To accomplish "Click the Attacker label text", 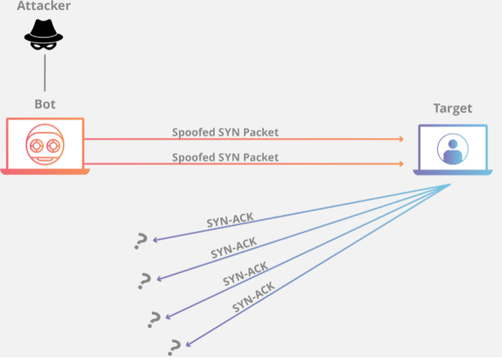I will [43, 6].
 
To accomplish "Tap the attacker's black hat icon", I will [44, 30].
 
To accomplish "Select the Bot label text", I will [45, 104].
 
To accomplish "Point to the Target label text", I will [453, 108].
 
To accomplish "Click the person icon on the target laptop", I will [453, 150].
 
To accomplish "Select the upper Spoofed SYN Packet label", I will [225, 132].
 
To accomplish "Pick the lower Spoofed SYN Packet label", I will [225, 157].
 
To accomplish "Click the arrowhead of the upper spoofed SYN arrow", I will [401, 139].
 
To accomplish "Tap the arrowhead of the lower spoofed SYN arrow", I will [401, 163].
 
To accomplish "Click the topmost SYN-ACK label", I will [230, 221].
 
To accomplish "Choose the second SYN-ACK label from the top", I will [234, 247].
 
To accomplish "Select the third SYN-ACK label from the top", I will [245, 273].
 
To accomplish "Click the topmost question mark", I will [140, 242].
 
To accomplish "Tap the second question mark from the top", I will [144, 280].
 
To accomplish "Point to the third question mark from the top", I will [155, 319].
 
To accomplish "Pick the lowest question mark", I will [175, 347].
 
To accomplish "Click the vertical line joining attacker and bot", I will [44, 73].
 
